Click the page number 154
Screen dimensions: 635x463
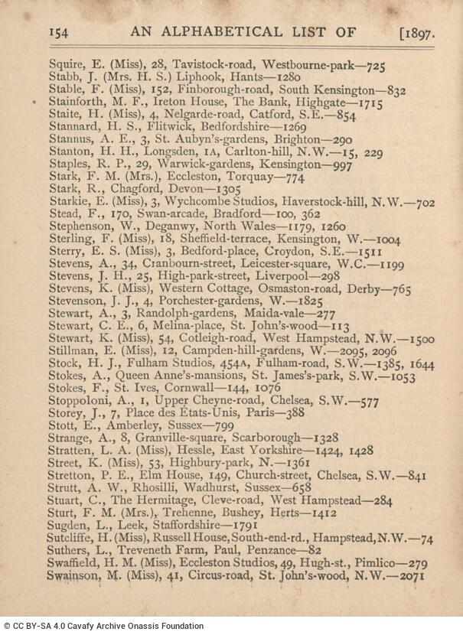click(60, 32)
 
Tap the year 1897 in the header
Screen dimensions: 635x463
click(420, 33)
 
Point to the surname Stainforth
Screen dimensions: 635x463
click(78, 102)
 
